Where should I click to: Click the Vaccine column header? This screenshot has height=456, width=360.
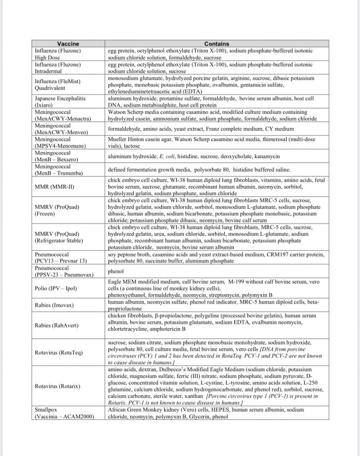(68, 44)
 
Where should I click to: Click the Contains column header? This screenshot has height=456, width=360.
(216, 44)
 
